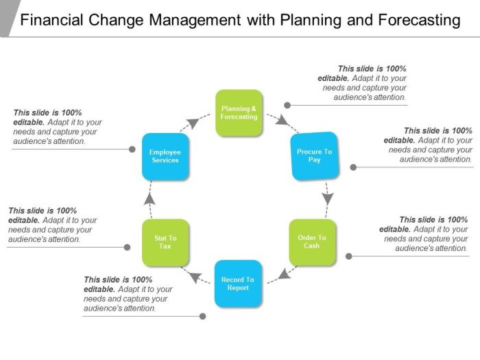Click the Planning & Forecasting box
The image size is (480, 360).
[x=239, y=113]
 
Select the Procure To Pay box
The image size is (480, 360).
[x=315, y=156]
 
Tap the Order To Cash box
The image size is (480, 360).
[x=312, y=242]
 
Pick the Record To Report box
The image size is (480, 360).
[x=238, y=283]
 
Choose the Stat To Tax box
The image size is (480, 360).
[x=165, y=242]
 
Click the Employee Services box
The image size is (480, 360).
[x=165, y=156]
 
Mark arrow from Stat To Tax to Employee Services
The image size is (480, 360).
[x=150, y=197]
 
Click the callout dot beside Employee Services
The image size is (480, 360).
[x=132, y=149]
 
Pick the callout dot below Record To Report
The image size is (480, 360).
[x=202, y=316]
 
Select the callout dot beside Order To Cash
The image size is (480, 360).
[x=348, y=256]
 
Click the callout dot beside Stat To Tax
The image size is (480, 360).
[x=127, y=247]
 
